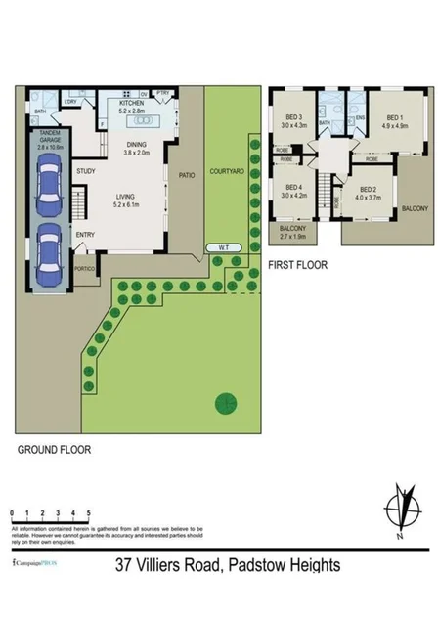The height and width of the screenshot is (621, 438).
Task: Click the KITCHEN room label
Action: pos(131,102)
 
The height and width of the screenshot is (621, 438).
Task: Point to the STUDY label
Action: pos(85,172)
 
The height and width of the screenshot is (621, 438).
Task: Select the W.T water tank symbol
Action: pos(225,246)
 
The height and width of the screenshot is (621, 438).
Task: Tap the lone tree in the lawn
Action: pos(224,402)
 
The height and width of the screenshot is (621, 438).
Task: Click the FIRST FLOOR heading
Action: pos(297,264)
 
